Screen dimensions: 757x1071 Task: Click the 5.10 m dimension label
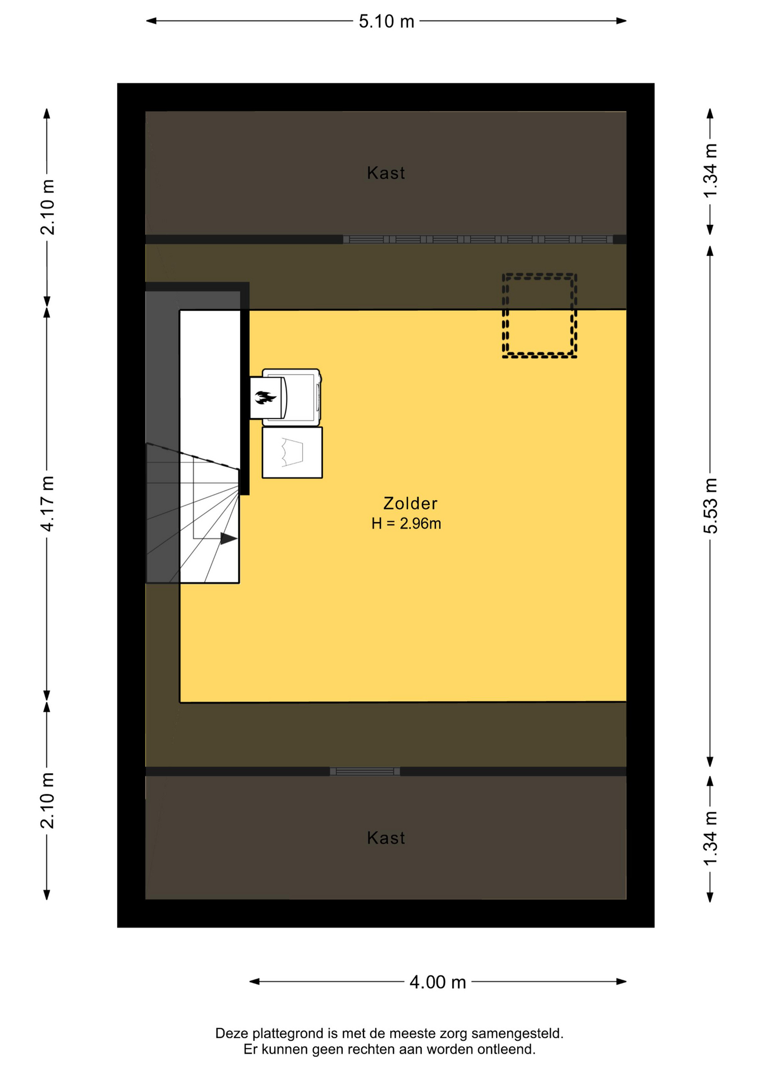pyautogui.click(x=386, y=21)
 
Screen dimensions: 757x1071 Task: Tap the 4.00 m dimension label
pyautogui.click(x=438, y=982)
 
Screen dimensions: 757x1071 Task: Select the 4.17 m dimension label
pyautogui.click(x=47, y=504)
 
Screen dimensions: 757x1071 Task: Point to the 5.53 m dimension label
pyautogui.click(x=710, y=506)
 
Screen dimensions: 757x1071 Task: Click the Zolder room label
pyautogui.click(x=410, y=503)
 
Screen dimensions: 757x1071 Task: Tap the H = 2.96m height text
pyautogui.click(x=406, y=523)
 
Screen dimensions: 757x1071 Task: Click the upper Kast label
pyautogui.click(x=386, y=173)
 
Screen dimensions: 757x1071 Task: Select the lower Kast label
pyautogui.click(x=386, y=838)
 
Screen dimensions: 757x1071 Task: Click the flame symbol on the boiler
pyautogui.click(x=265, y=397)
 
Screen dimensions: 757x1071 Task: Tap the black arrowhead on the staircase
pyautogui.click(x=229, y=538)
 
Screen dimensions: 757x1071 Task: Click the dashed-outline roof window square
pyautogui.click(x=539, y=315)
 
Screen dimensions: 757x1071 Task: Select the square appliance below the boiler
pyautogui.click(x=292, y=452)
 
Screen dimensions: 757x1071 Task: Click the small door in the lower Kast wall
pyautogui.click(x=365, y=771)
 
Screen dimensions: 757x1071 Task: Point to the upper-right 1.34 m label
pyautogui.click(x=710, y=171)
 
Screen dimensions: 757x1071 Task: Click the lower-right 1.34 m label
pyautogui.click(x=710, y=839)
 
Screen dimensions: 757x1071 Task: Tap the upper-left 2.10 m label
pyautogui.click(x=47, y=207)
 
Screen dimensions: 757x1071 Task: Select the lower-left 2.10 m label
pyautogui.click(x=47, y=800)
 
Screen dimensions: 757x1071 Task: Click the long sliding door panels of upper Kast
pyautogui.click(x=478, y=239)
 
